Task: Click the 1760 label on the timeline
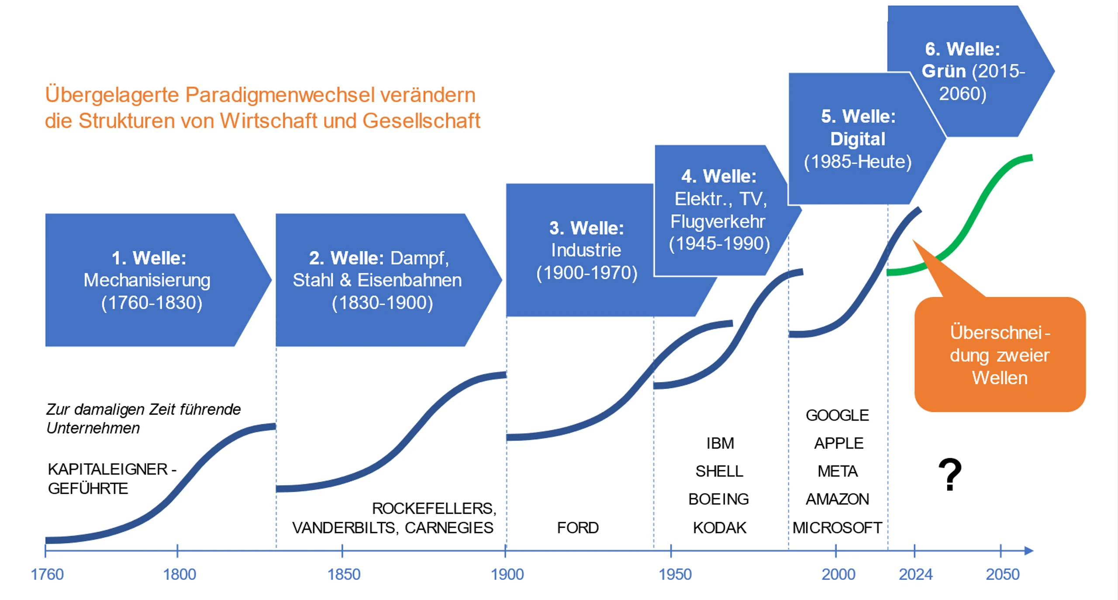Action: (x=47, y=574)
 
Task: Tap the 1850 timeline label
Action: (x=344, y=574)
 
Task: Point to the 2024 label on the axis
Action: (x=915, y=574)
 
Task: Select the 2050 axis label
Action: (x=1002, y=574)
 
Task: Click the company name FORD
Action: (x=577, y=528)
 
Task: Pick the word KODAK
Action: (x=719, y=528)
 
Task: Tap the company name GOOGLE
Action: (x=837, y=415)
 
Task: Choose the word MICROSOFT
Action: (x=837, y=528)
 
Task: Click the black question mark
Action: (x=950, y=475)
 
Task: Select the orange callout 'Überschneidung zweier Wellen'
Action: (x=1000, y=355)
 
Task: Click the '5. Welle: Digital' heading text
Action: (x=858, y=128)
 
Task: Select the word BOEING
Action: (x=718, y=499)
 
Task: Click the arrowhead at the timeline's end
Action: (x=1029, y=551)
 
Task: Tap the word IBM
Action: (x=720, y=443)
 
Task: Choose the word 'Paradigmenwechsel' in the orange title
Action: (x=280, y=95)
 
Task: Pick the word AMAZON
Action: (x=837, y=499)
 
